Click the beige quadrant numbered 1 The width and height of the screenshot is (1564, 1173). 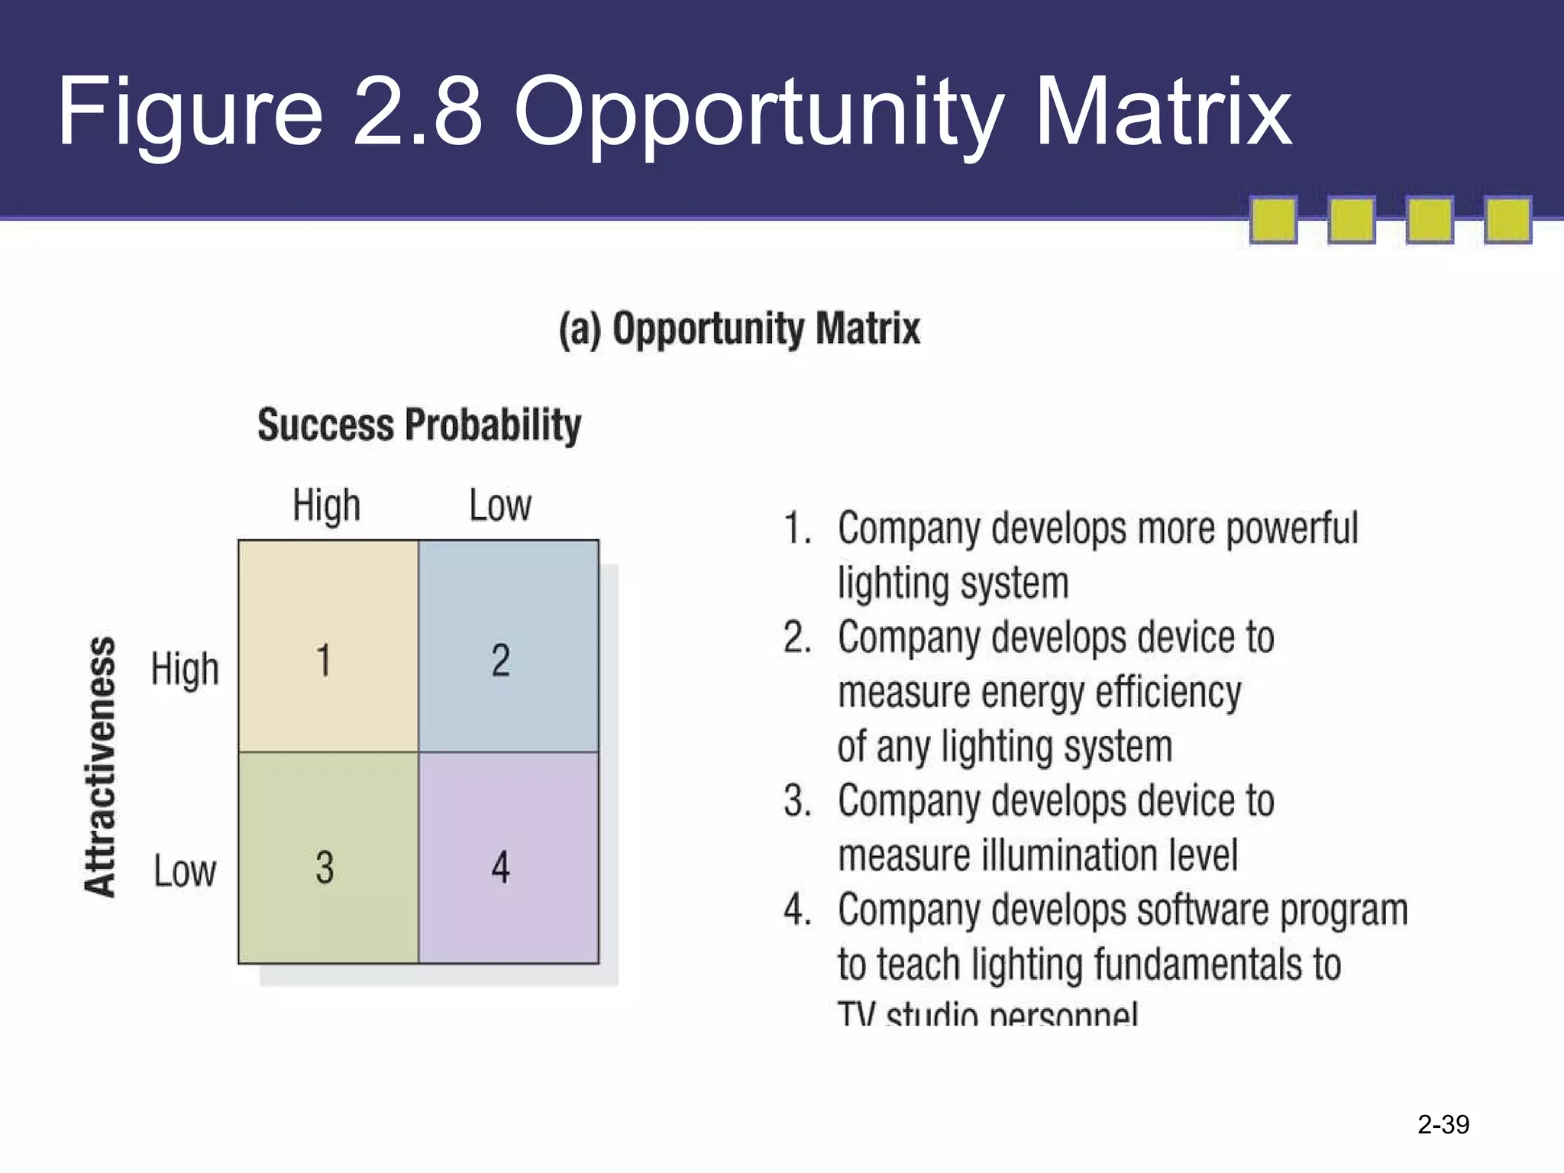tap(328, 646)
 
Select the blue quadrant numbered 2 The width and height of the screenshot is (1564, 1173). tap(509, 646)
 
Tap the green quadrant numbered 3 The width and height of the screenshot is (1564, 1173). tap(328, 857)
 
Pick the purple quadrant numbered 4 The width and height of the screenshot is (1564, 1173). tap(509, 857)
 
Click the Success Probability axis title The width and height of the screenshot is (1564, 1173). tap(418, 425)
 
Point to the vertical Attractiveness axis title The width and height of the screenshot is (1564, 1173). tap(100, 766)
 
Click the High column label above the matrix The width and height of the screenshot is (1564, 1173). tap(326, 506)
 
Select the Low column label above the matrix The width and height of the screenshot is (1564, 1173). tap(500, 506)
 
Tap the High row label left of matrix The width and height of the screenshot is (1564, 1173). tap(185, 669)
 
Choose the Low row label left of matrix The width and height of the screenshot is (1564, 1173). tap(185, 871)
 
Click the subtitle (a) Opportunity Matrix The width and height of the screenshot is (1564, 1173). tap(739, 329)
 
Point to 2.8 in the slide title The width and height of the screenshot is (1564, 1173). tap(418, 111)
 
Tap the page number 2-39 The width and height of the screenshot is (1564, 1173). tap(1443, 1124)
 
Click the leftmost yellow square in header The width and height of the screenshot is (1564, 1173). tap(1273, 220)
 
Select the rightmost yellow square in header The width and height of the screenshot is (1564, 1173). tap(1507, 220)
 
